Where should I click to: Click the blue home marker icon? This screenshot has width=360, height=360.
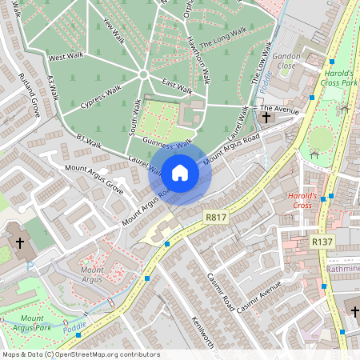tap(180, 172)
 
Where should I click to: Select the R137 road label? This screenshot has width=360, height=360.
tap(322, 241)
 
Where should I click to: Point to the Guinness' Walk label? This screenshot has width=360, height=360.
tap(167, 141)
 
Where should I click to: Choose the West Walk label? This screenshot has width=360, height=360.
tap(66, 57)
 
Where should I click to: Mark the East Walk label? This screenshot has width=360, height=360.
tap(176, 85)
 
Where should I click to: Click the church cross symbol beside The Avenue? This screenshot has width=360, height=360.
tap(266, 118)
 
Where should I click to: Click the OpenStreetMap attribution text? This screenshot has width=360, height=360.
tap(80, 354)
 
